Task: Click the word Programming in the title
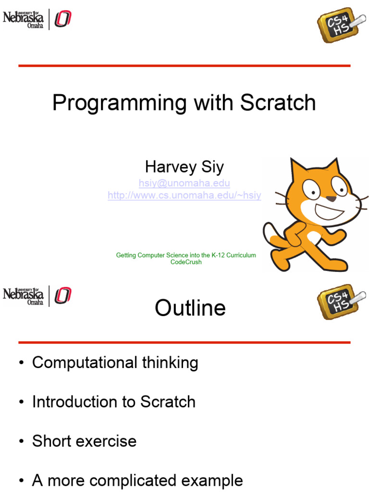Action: point(120,103)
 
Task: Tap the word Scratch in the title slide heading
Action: point(278,102)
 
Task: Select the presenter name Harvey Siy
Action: point(184,167)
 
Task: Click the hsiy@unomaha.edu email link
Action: point(184,183)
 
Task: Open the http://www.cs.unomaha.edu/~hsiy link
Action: point(184,195)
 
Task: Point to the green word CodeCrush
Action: point(186,262)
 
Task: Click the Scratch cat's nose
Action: point(331,198)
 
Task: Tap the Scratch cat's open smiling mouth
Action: point(329,212)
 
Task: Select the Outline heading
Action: point(190,308)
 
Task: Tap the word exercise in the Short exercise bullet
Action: point(110,441)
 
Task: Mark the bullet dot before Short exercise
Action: point(21,442)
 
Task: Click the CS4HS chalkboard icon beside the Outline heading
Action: point(341,302)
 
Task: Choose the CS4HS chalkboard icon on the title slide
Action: point(341,25)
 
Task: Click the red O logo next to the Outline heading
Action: point(63,295)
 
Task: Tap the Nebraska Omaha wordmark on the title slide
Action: point(23,19)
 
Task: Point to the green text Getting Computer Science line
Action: point(186,255)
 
